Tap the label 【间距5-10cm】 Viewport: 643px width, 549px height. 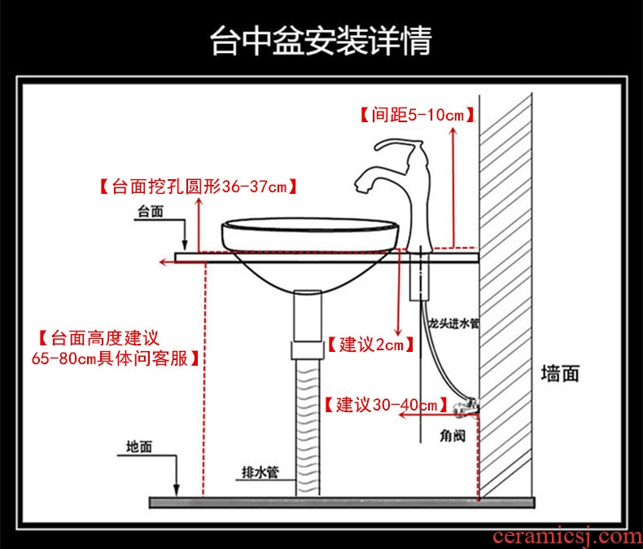tap(416, 115)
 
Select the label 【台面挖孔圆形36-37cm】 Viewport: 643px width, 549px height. tap(196, 187)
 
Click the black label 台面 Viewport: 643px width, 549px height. tap(150, 212)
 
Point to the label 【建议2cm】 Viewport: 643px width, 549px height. tap(367, 345)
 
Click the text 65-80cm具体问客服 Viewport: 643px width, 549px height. tap(116, 358)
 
